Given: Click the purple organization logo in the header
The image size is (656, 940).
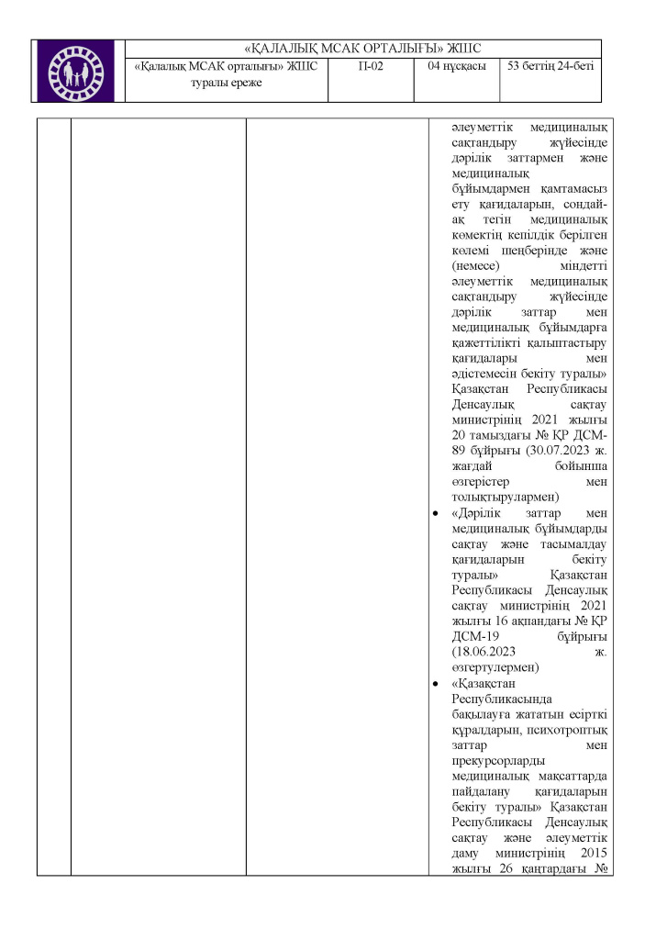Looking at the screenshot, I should (x=79, y=71).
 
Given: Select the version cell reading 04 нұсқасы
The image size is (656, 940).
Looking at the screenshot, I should (x=456, y=66).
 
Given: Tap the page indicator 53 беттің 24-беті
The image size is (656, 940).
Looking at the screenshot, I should (x=550, y=66).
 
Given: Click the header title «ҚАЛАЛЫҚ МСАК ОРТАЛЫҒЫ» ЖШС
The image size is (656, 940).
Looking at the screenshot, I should (x=363, y=49).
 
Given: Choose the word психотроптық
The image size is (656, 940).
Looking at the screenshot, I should (x=574, y=730).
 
